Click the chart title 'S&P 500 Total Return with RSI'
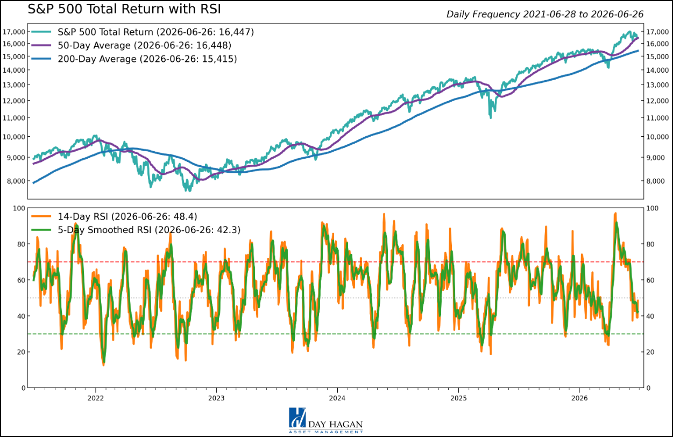pyautogui.click(x=124, y=9)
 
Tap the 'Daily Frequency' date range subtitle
pyautogui.click(x=545, y=14)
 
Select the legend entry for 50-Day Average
pyautogui.click(x=131, y=45)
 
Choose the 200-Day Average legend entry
pyautogui.click(x=134, y=59)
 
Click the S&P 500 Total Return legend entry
pyautogui.click(x=143, y=32)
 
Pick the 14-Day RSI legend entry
pyautogui.click(x=114, y=216)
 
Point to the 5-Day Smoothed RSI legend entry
pyautogui.click(x=136, y=230)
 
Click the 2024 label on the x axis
pyautogui.click(x=337, y=398)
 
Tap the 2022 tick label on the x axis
pyautogui.click(x=96, y=398)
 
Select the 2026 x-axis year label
pyautogui.click(x=579, y=398)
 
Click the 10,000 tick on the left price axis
pyautogui.click(x=14, y=137)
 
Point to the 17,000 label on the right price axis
pyautogui.click(x=657, y=32)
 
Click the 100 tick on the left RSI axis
pyautogui.click(x=19, y=208)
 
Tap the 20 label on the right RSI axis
pyautogui.click(x=650, y=352)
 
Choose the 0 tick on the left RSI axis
pyautogui.click(x=24, y=388)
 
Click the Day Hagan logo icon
pyautogui.click(x=297, y=418)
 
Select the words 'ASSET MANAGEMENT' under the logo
pyautogui.click(x=325, y=432)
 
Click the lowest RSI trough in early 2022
pyautogui.click(x=104, y=365)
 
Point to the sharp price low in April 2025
pyautogui.click(x=491, y=117)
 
